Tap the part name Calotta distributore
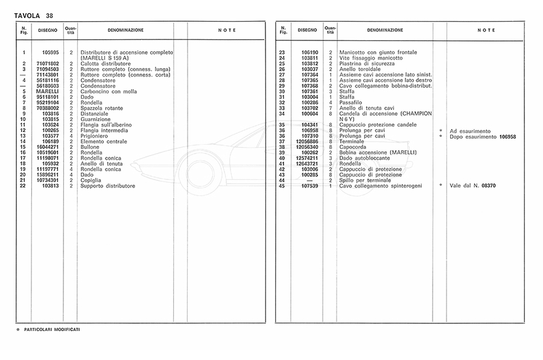point(106,63)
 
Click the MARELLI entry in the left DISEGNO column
point(48,91)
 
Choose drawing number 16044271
point(46,147)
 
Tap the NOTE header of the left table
point(227,30)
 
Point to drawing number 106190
point(310,52)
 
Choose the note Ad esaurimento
point(470,131)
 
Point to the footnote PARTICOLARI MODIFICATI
point(52,329)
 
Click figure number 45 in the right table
point(282,186)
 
